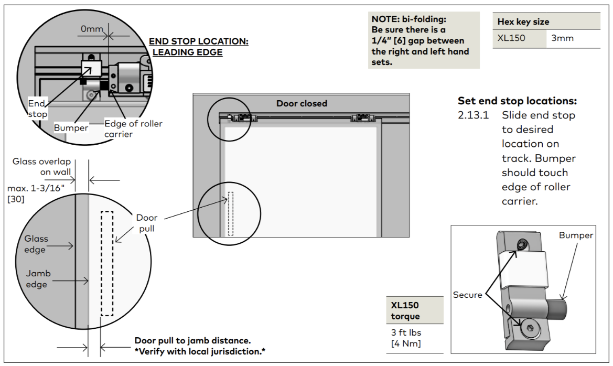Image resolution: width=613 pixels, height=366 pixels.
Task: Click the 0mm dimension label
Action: (92, 29)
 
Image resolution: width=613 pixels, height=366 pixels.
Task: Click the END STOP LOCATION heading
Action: (199, 41)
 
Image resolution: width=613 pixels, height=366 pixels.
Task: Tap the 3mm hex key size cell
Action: (562, 38)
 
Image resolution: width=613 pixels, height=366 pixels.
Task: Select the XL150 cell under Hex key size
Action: (511, 38)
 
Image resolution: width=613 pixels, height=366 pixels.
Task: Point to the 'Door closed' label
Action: (302, 104)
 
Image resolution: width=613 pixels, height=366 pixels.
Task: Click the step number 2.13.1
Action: (474, 115)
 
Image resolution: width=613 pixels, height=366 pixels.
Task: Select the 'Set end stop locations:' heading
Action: (517, 101)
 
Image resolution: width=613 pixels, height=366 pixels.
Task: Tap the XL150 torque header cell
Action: (415, 310)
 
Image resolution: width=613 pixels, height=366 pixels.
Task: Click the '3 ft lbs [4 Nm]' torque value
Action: (406, 338)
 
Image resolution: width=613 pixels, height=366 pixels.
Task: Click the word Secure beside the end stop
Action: (467, 295)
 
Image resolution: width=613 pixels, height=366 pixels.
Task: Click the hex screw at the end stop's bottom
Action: (530, 328)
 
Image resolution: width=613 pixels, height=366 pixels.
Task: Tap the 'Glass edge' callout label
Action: (36, 244)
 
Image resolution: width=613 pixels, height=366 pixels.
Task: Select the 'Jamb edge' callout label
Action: (38, 279)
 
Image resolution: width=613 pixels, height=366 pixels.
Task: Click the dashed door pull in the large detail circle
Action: (107, 264)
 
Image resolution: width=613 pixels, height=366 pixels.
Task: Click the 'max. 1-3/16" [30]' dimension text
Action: (36, 193)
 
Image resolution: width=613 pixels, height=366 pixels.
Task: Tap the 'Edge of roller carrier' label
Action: (133, 129)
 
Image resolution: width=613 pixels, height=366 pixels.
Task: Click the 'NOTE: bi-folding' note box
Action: (424, 40)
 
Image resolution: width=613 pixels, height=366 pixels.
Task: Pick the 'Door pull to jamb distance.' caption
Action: (193, 341)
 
